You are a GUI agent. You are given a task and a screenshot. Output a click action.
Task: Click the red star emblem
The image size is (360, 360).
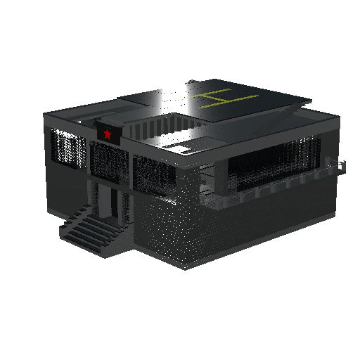[108, 134]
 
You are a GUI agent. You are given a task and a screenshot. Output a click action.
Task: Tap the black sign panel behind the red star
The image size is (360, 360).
[109, 133]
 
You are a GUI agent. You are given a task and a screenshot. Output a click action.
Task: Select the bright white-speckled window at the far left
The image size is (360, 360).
[68, 148]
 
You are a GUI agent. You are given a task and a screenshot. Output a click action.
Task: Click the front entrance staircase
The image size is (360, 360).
[94, 231]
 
